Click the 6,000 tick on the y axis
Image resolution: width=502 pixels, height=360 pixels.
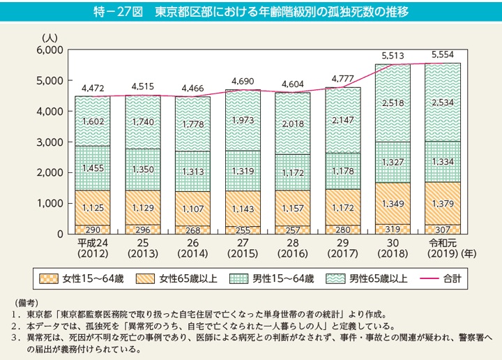click(x=51, y=50)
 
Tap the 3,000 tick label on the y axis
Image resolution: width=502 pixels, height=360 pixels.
click(x=51, y=142)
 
